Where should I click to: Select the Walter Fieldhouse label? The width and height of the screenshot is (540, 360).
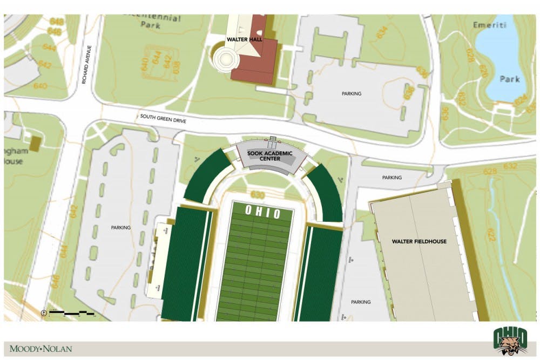pos(419,241)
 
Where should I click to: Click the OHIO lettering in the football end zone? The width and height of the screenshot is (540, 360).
pos(263,213)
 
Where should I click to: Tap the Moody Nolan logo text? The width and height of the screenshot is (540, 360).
pos(40,349)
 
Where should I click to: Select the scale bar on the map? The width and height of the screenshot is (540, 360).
pos(71,313)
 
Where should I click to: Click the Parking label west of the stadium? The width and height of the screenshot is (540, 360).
pos(120,227)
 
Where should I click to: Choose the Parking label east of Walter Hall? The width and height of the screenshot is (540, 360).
pos(351,93)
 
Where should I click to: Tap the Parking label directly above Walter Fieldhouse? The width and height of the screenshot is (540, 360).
pos(391,177)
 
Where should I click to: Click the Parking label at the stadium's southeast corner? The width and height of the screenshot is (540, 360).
pos(360,302)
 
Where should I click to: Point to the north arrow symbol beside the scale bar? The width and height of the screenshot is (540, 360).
pos(43,313)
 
